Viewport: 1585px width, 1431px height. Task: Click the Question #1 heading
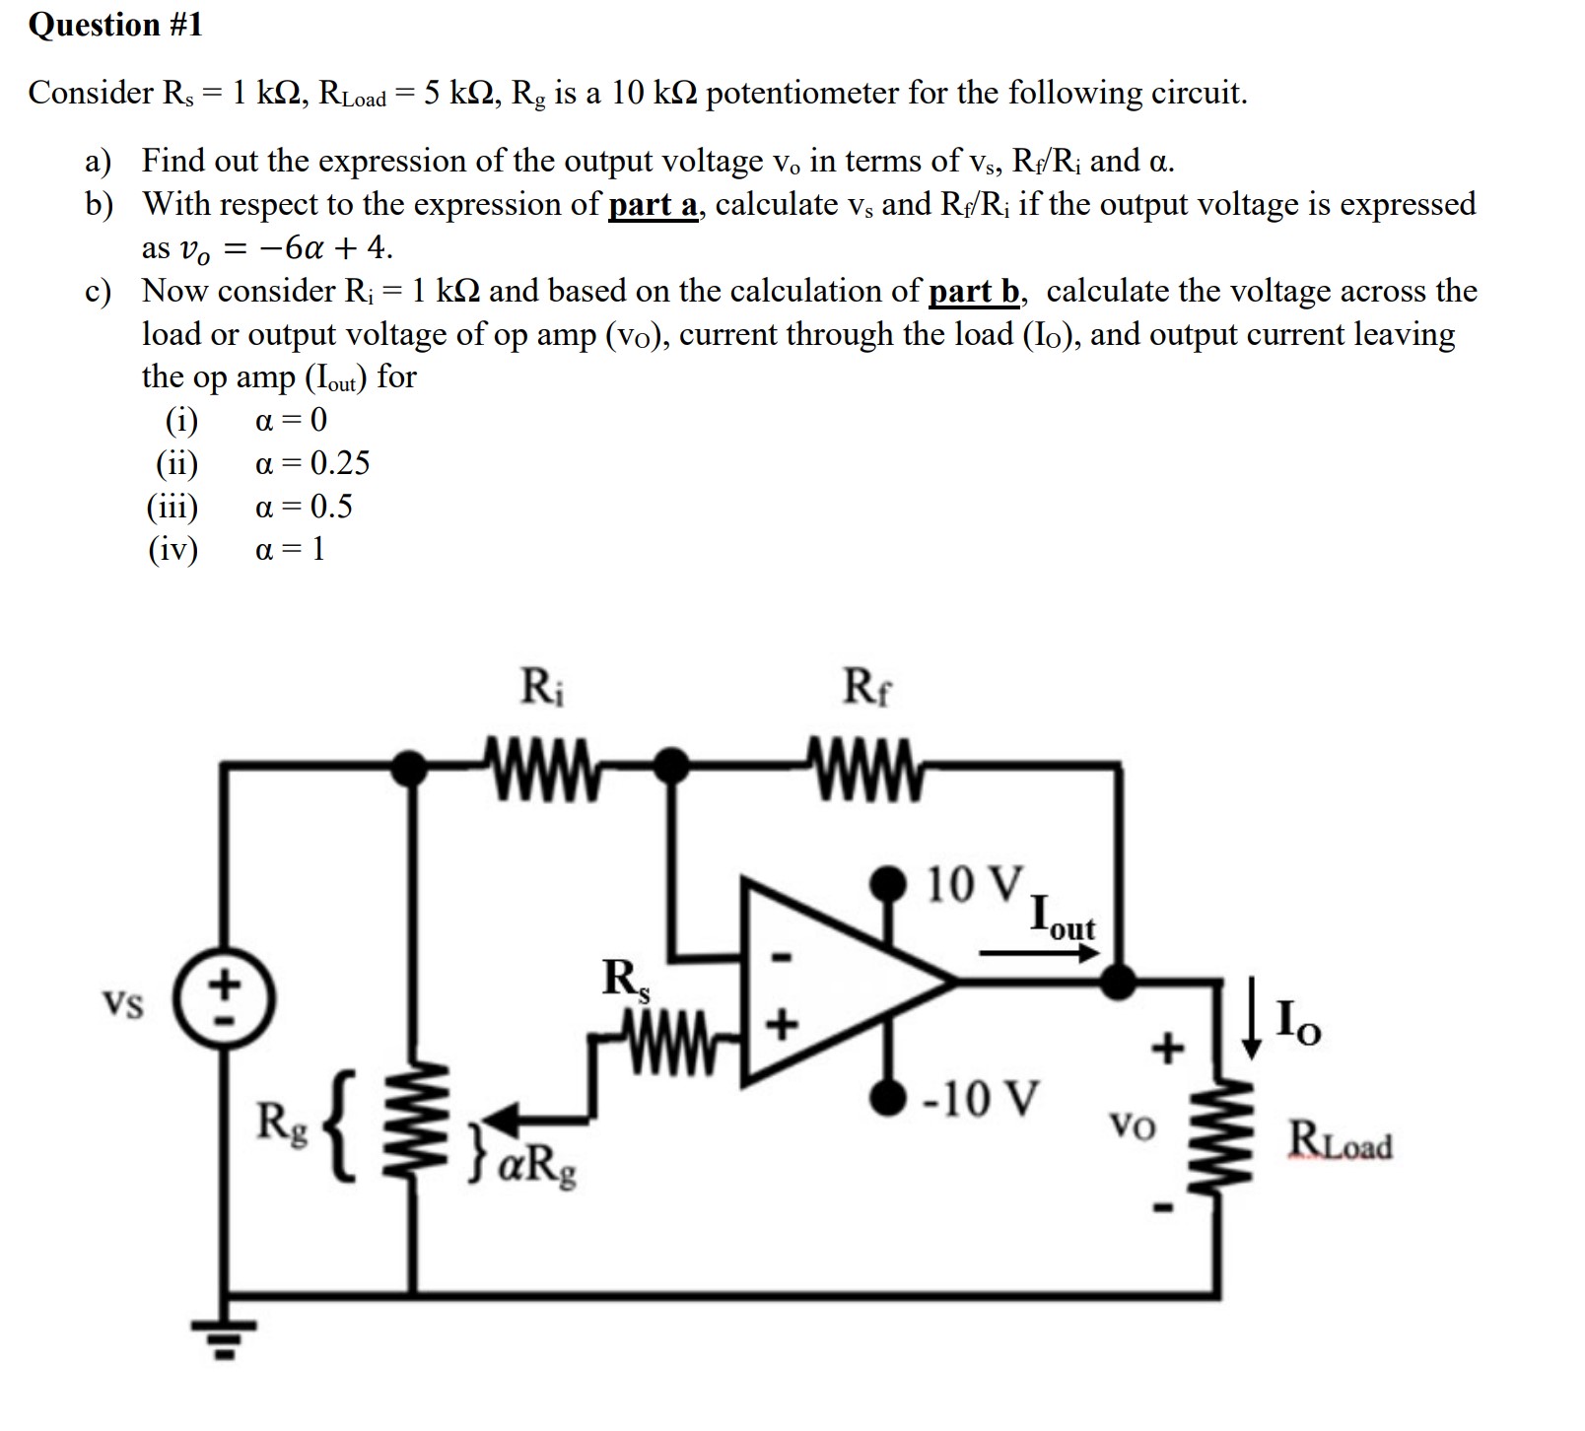[x=115, y=26]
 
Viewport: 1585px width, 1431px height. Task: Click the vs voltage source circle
[x=226, y=1001]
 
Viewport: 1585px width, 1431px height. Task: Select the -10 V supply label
[x=981, y=1098]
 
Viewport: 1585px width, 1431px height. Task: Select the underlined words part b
[x=974, y=292]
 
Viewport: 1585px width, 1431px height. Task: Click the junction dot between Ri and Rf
[x=672, y=762]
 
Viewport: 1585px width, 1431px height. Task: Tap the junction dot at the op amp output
[x=1117, y=981]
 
